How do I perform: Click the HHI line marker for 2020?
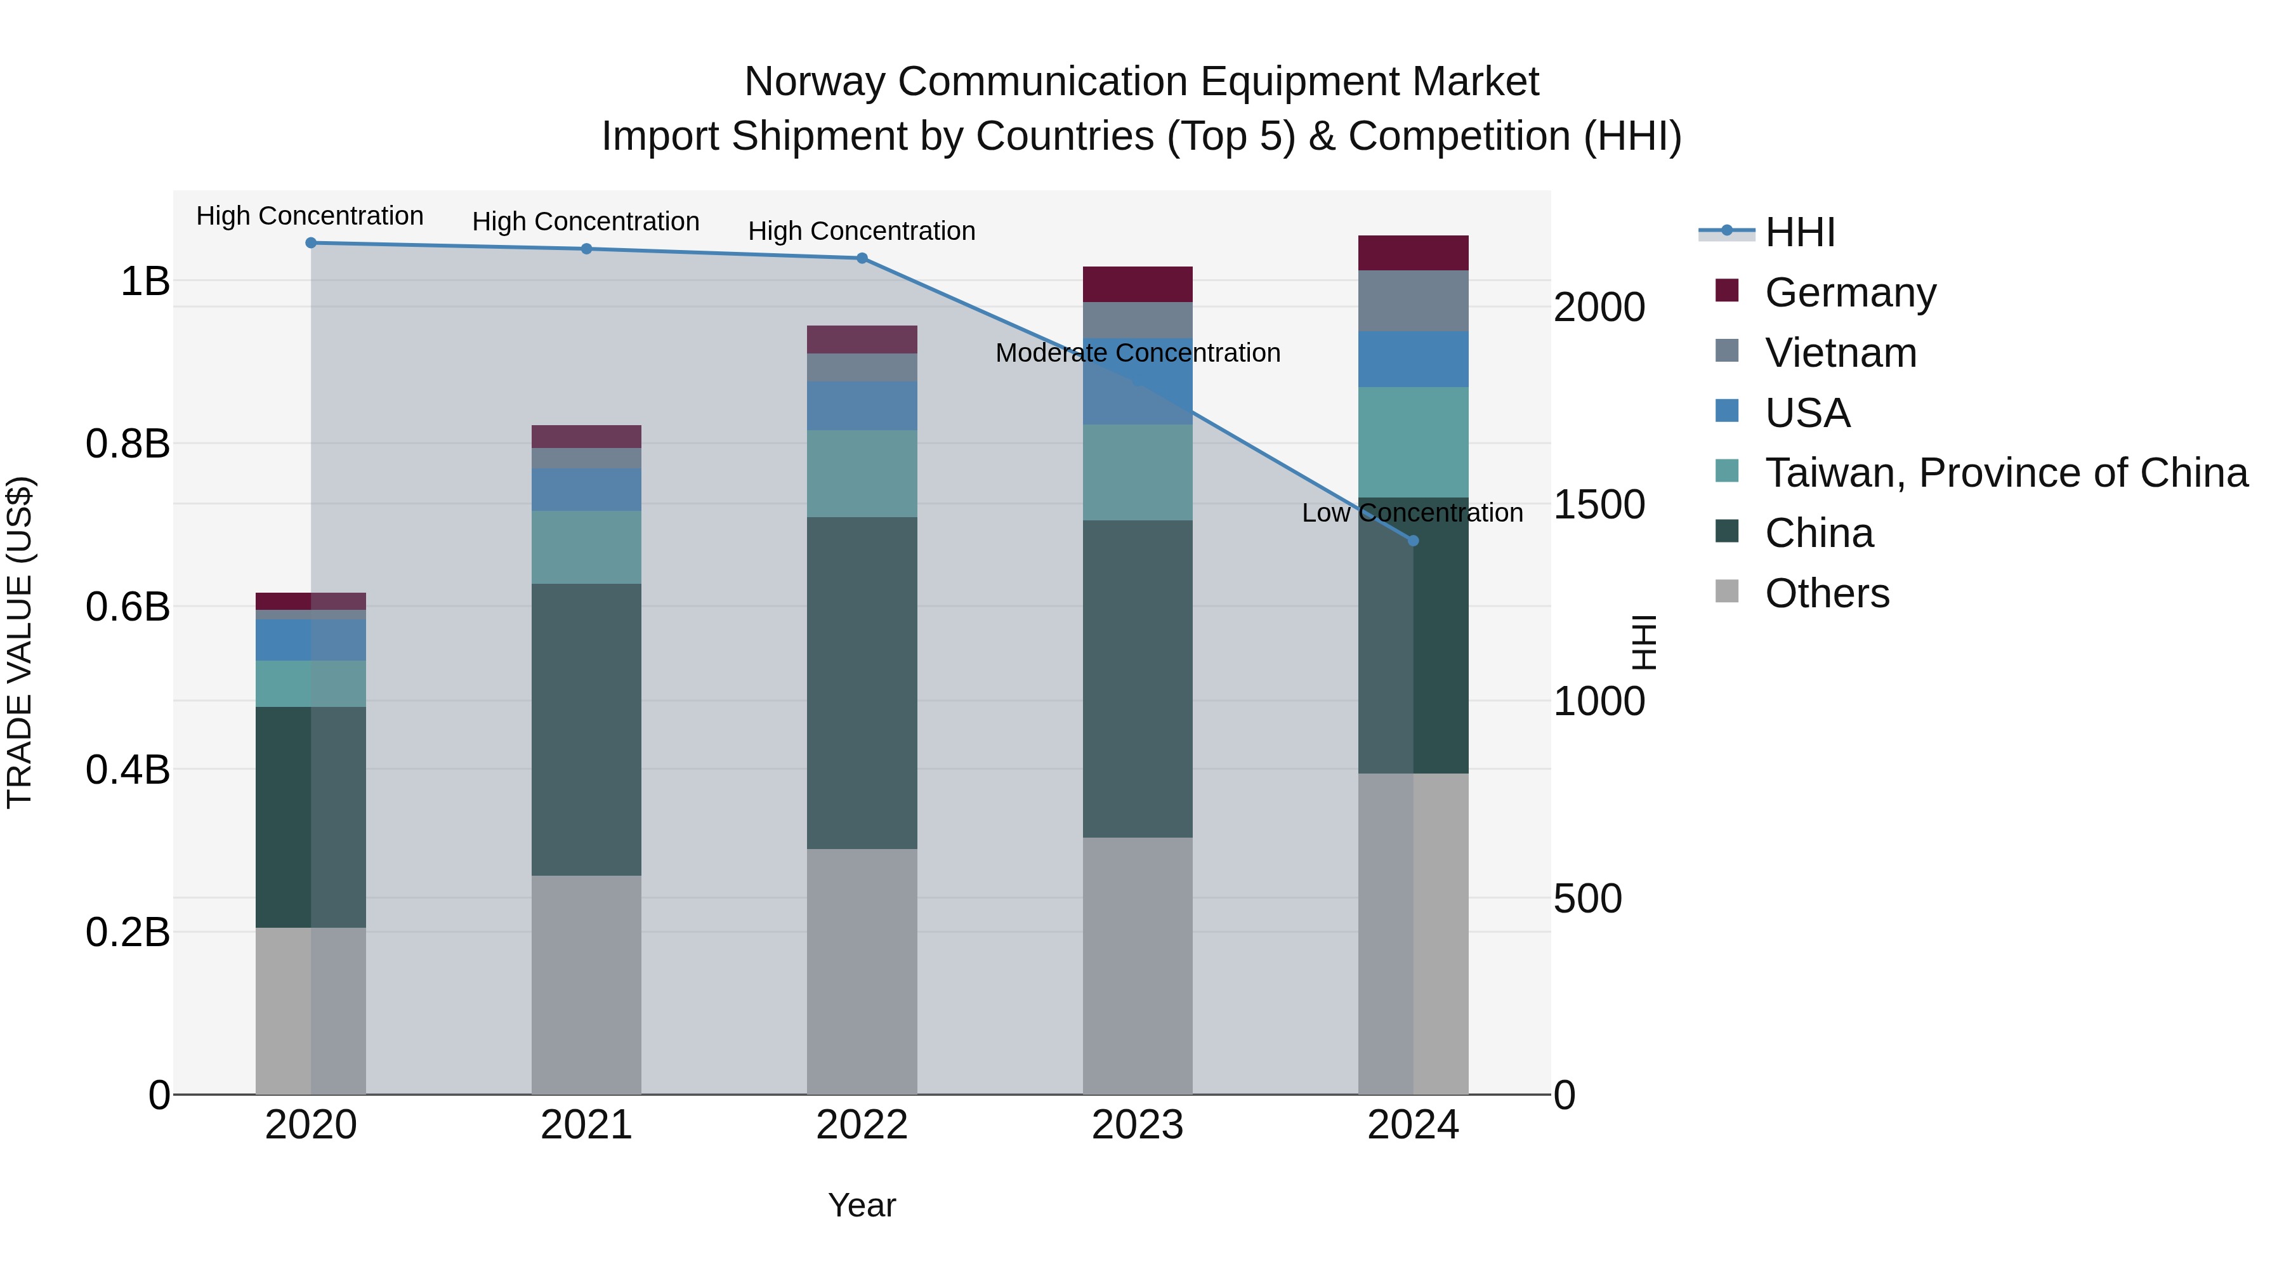[x=310, y=242]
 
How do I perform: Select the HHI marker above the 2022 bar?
[x=862, y=258]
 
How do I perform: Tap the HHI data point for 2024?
[x=1414, y=540]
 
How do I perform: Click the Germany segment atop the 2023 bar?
[x=1138, y=284]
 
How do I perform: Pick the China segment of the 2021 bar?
[x=586, y=729]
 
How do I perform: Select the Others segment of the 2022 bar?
[x=862, y=971]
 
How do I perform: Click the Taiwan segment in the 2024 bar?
[x=1414, y=442]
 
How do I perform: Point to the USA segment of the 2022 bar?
[x=862, y=405]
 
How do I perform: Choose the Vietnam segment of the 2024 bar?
[x=1414, y=301]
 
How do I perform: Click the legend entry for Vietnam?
[x=1840, y=352]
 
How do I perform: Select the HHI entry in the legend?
[x=1799, y=232]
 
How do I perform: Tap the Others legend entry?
[x=1827, y=593]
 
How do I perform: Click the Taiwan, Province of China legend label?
[x=2005, y=473]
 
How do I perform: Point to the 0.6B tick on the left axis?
[x=128, y=607]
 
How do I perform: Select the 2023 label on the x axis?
[x=1138, y=1125]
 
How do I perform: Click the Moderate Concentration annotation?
[x=1138, y=353]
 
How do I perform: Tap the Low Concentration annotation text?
[x=1412, y=513]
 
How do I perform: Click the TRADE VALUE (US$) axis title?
[x=20, y=642]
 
